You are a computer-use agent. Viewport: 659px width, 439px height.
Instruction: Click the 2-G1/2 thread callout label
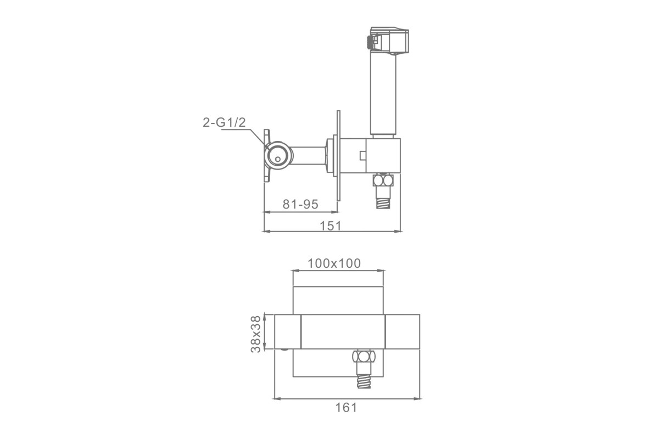pyautogui.click(x=224, y=122)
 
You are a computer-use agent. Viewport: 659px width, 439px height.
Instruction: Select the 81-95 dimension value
pyautogui.click(x=300, y=204)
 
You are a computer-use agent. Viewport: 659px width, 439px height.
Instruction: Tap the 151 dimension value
pyautogui.click(x=331, y=226)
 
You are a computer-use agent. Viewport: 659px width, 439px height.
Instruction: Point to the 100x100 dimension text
pyautogui.click(x=334, y=263)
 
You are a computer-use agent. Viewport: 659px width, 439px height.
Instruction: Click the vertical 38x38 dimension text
pyautogui.click(x=256, y=334)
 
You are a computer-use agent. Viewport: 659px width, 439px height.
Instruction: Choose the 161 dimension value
pyautogui.click(x=347, y=408)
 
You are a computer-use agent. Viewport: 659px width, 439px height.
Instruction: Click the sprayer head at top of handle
pyautogui.click(x=389, y=41)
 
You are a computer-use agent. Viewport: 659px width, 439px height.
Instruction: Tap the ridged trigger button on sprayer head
pyautogui.click(x=368, y=42)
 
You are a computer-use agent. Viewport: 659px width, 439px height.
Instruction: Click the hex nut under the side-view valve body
pyautogui.click(x=383, y=180)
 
